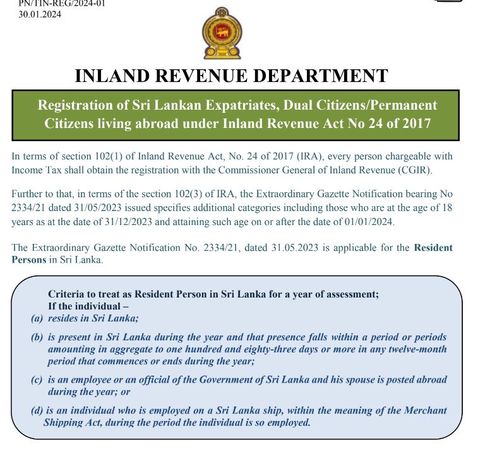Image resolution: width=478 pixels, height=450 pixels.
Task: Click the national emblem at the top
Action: click(x=220, y=33)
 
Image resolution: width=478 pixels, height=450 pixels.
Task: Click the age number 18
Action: click(x=446, y=207)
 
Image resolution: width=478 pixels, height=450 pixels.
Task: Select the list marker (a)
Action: click(x=37, y=319)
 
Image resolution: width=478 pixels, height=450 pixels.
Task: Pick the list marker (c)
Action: click(x=37, y=379)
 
